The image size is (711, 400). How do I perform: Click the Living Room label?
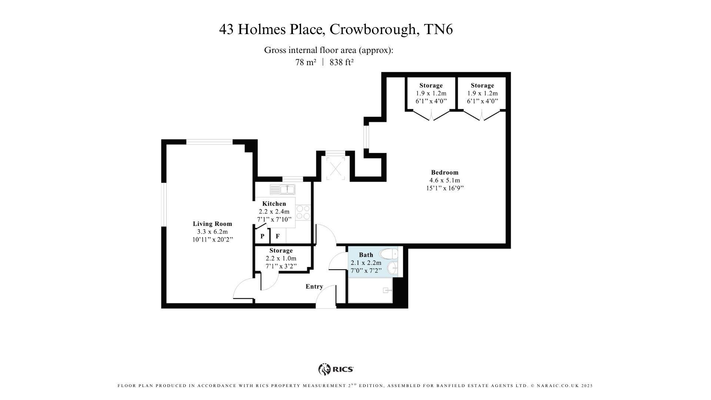(212, 224)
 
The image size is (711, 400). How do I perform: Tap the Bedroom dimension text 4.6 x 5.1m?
(444, 180)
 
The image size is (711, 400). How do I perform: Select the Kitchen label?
(274, 204)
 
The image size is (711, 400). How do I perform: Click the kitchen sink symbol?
(282, 190)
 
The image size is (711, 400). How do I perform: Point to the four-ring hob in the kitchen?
(303, 213)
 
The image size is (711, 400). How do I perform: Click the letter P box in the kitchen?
(262, 236)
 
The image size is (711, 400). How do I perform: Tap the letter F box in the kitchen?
(278, 236)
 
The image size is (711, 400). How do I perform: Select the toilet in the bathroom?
(389, 254)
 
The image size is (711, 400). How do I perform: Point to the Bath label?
(366, 255)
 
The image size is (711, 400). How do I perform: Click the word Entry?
(314, 286)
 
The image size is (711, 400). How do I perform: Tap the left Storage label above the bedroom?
(431, 86)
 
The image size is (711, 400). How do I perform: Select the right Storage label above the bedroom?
(482, 86)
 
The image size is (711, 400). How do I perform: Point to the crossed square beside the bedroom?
(336, 169)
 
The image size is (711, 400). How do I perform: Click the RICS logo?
(336, 369)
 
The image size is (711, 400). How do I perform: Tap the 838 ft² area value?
(341, 63)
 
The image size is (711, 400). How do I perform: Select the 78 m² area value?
(306, 63)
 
